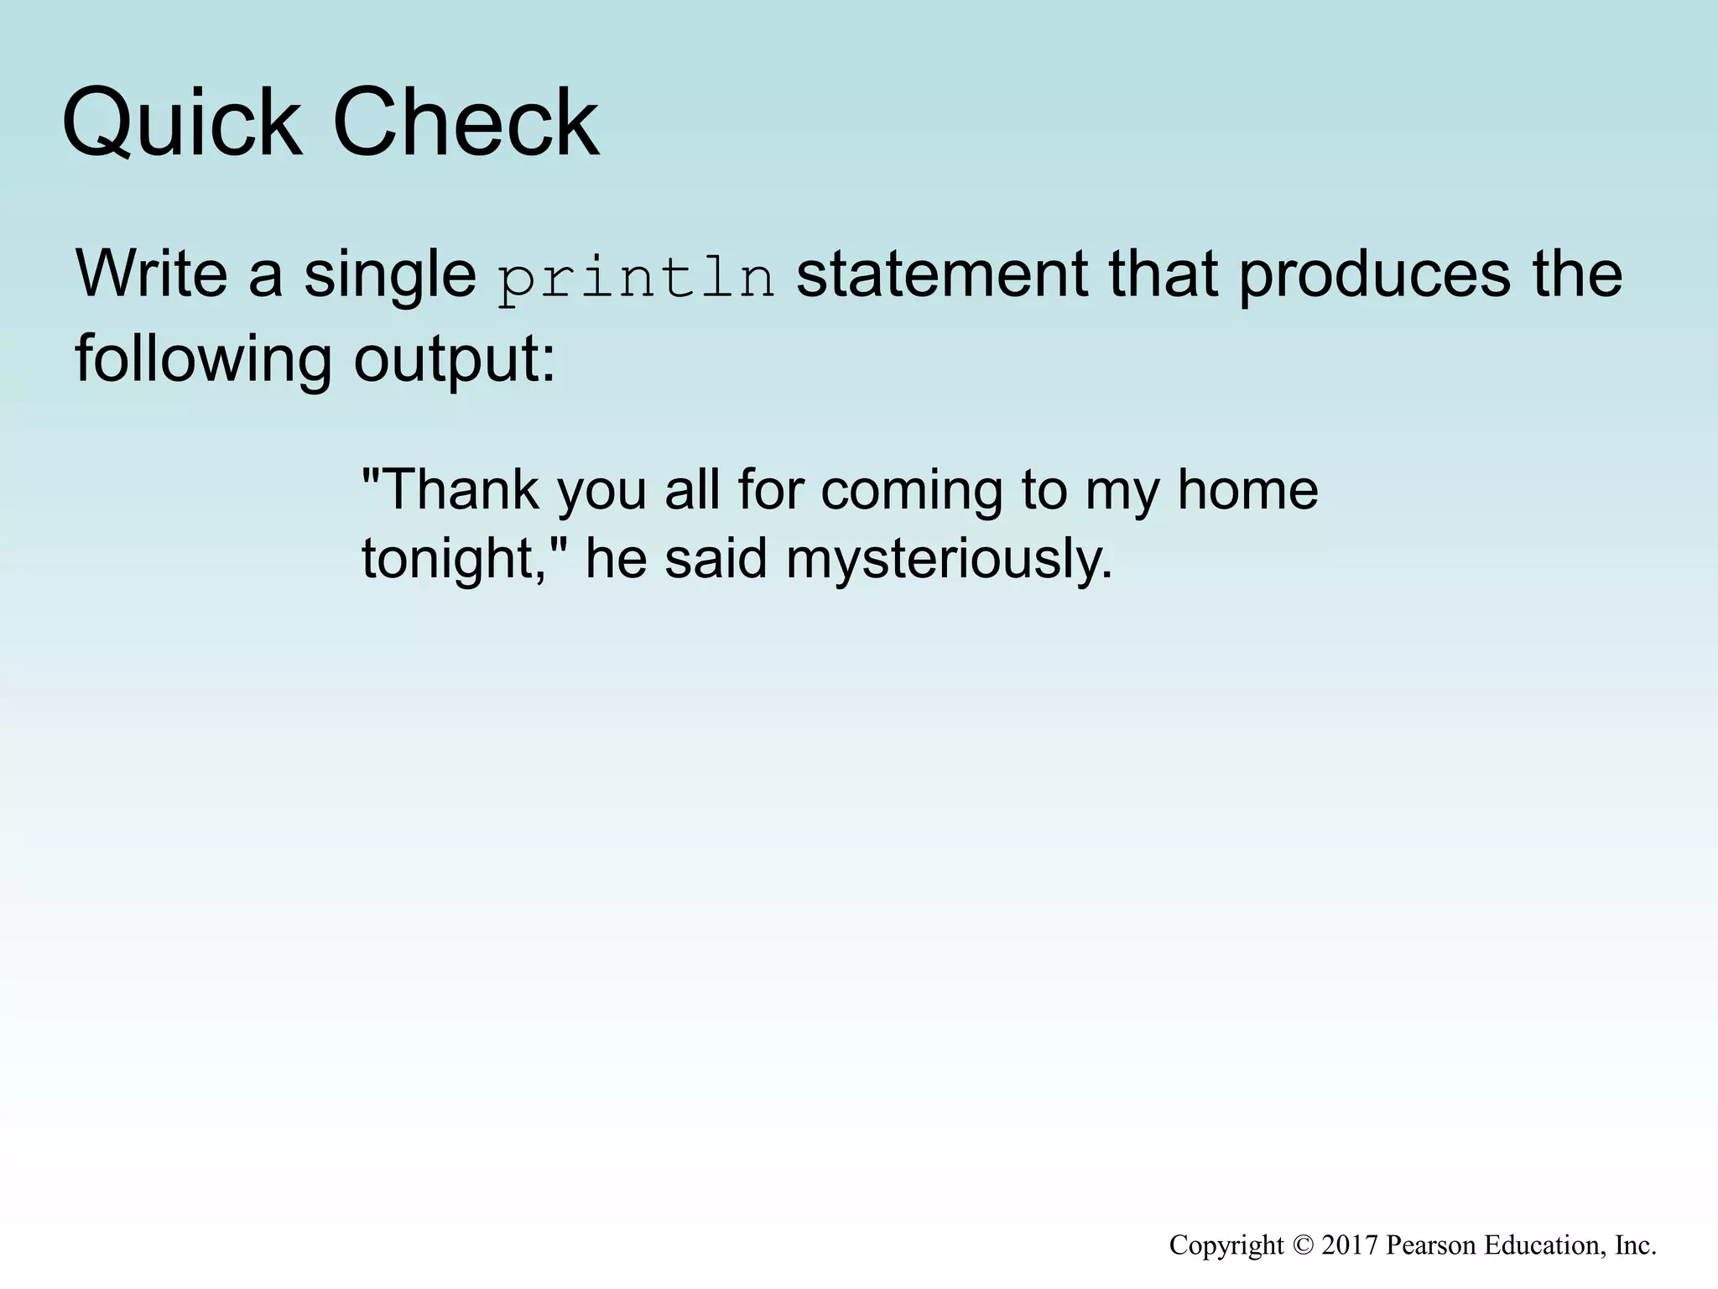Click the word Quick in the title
pos(181,123)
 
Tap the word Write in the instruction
pos(152,274)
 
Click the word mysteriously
pos(949,560)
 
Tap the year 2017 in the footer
pos(1350,1245)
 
